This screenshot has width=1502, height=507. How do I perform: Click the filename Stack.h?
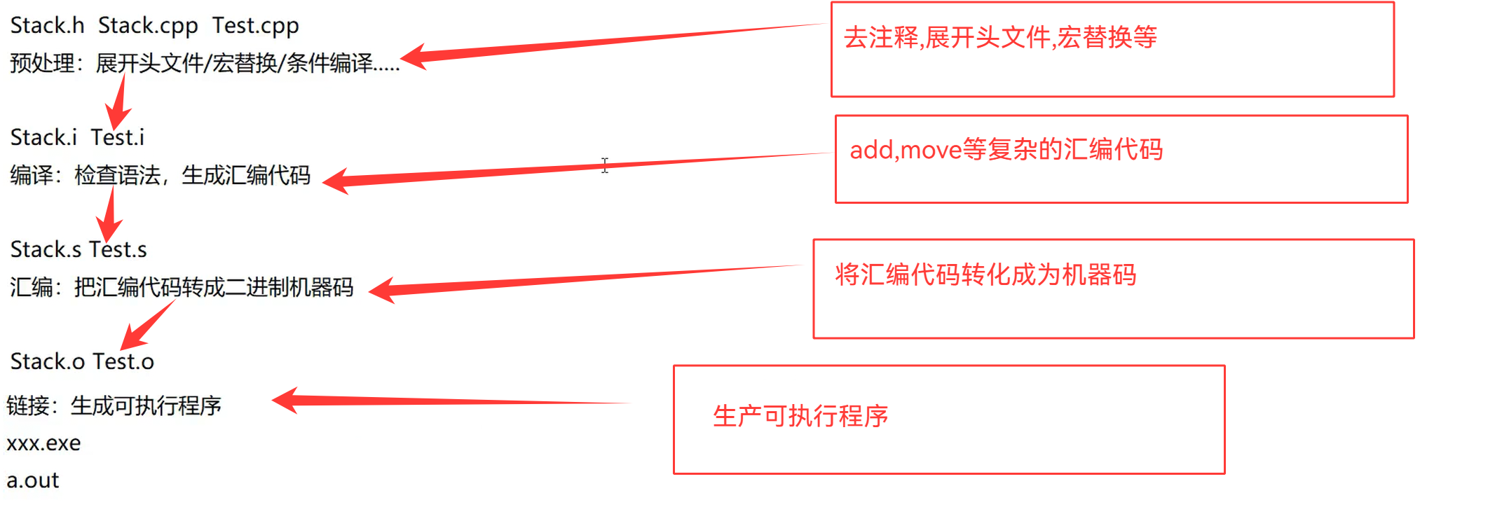point(47,26)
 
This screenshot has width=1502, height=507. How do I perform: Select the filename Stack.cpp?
point(148,26)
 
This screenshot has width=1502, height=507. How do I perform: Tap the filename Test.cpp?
point(256,26)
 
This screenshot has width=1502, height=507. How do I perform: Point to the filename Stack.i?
point(43,138)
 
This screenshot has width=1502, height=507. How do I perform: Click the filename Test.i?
point(118,138)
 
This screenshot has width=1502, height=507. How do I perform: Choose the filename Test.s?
point(118,250)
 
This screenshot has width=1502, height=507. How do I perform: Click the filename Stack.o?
point(48,362)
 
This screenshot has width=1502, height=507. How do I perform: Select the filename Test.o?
point(123,362)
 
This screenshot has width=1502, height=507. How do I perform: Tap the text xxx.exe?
point(43,443)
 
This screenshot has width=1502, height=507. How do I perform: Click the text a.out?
point(33,480)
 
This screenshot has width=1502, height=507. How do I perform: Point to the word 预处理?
point(42,64)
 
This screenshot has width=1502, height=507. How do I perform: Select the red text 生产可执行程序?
point(800,417)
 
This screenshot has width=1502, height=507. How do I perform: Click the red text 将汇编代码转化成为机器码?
point(985,275)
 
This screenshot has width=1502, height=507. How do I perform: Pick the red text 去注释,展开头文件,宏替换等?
point(1000,38)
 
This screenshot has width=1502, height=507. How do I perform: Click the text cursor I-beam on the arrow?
point(605,165)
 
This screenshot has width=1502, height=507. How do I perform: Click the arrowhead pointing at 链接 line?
point(284,401)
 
